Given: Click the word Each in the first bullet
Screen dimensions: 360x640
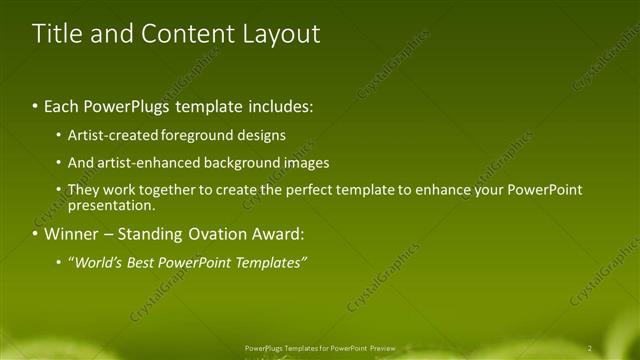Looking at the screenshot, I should [x=63, y=104].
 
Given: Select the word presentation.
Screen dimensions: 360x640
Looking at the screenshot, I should [x=110, y=206].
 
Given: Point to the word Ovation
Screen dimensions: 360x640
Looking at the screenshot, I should [x=214, y=235].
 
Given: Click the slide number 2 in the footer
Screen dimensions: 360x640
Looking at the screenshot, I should [x=590, y=347].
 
